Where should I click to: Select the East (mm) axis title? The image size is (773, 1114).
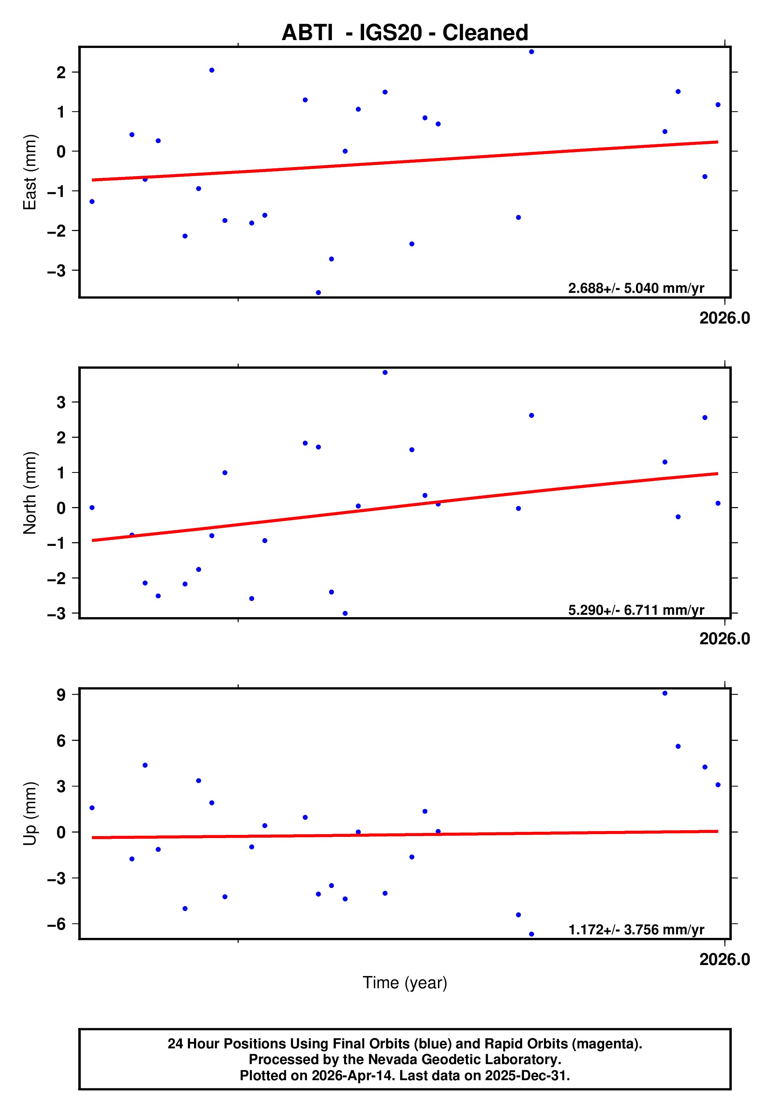30,172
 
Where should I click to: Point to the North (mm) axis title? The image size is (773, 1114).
30,493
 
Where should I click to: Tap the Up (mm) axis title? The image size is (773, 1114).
30,814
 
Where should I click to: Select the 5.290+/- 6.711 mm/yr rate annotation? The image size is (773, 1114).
636,610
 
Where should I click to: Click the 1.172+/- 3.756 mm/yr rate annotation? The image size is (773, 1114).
636,930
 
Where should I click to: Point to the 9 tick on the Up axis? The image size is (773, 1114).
61,695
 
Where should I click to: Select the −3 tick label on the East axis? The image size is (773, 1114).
57,271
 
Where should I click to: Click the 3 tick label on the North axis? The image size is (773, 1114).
61,402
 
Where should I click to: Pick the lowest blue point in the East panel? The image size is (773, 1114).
318,293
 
